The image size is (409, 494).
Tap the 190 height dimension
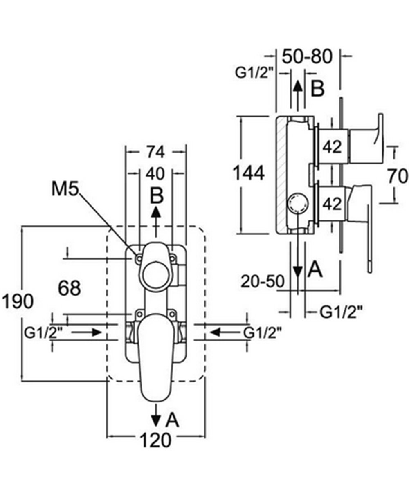(17, 302)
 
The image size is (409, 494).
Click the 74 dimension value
(155, 152)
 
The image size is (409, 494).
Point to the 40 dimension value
(155, 173)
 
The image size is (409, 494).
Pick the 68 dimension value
(69, 288)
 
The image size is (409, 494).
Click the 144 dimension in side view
(248, 173)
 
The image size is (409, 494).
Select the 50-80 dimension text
(308, 56)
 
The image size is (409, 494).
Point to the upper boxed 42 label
(332, 147)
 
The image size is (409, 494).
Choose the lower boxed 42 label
(332, 204)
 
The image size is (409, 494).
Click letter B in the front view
(156, 196)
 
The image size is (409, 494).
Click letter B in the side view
(317, 88)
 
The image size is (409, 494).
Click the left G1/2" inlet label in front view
(44, 332)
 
